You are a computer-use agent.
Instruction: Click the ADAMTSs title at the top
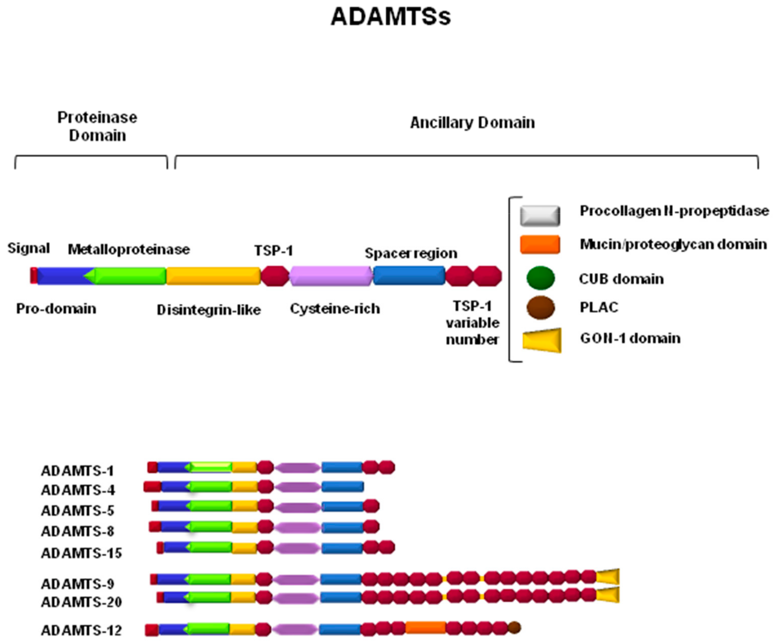pos(391,17)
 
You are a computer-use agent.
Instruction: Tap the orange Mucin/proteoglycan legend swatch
pos(540,245)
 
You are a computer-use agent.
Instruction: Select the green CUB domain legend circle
pos(540,278)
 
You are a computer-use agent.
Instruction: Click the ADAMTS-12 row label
pos(81,630)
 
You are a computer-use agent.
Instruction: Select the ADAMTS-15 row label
pos(81,553)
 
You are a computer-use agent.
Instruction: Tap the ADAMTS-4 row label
pos(78,490)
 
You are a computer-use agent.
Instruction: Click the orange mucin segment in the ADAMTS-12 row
pos(425,627)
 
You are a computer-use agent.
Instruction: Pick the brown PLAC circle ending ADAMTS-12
pos(514,627)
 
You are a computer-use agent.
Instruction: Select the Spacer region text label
pos(411,253)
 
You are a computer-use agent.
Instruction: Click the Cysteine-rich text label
pos(335,308)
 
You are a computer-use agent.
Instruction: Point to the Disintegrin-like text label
pos(209,309)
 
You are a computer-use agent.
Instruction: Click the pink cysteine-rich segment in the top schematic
pos(331,276)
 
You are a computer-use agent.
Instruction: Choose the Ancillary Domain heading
pos(472,123)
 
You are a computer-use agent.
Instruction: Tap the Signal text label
pos(29,248)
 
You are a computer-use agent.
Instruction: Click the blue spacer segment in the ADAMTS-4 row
pos(342,487)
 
